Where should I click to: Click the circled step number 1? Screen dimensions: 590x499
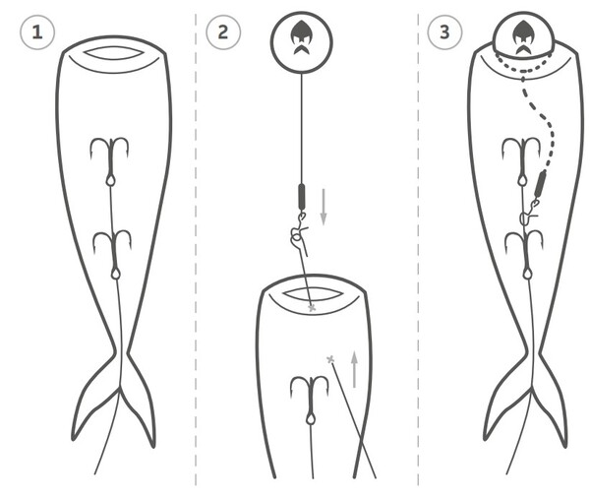(x=37, y=32)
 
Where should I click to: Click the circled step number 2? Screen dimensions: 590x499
(x=223, y=32)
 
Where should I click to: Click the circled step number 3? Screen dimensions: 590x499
(x=444, y=32)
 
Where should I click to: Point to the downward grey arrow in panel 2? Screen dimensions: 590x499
(x=324, y=207)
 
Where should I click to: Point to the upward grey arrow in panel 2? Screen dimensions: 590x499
(x=354, y=369)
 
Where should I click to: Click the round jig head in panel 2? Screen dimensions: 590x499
(x=302, y=41)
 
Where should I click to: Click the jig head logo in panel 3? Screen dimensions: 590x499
(x=522, y=37)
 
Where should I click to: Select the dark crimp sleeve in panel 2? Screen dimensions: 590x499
(x=302, y=197)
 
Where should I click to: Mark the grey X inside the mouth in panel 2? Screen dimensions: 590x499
(x=312, y=308)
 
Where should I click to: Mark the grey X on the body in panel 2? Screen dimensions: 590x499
(x=330, y=359)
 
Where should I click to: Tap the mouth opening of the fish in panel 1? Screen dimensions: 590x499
(x=113, y=53)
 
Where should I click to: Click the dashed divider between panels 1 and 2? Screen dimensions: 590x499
(x=196, y=249)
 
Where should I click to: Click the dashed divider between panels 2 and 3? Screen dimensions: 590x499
(x=418, y=249)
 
